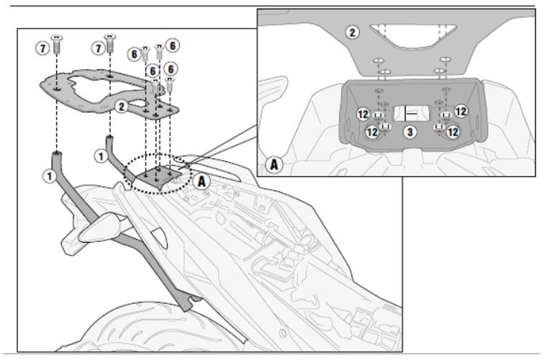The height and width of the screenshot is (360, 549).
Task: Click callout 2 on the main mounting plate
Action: [122, 107]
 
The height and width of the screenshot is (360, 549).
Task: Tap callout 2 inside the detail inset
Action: [351, 32]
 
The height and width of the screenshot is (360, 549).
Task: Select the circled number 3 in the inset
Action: [409, 132]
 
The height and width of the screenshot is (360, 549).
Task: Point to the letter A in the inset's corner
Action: [274, 164]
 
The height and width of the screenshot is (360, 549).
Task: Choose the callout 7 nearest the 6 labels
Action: [96, 48]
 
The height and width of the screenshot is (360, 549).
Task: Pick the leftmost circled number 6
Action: [135, 53]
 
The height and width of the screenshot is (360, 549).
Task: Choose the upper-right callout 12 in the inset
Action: [460, 111]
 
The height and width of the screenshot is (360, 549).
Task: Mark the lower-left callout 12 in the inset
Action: [372, 132]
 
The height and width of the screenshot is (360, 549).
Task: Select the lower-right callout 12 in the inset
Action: [452, 132]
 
